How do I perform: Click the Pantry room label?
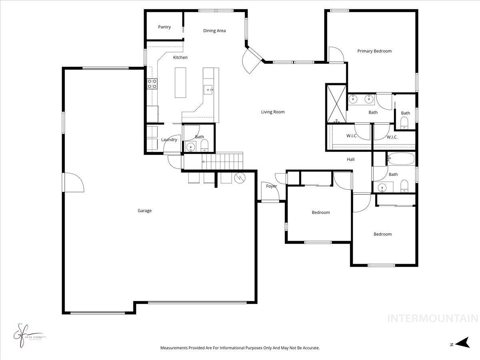pos(164,27)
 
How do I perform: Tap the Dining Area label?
pos(214,31)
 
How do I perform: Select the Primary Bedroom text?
pos(374,51)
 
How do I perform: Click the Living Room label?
pos(273,112)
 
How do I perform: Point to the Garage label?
pos(144,211)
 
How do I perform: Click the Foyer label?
pos(272,186)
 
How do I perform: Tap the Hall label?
pos(351,160)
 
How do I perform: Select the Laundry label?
pos(169,140)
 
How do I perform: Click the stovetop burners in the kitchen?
pos(152,84)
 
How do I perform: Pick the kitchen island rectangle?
pos(180,82)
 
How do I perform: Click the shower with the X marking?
pos(336,103)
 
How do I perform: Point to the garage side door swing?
pos(73,183)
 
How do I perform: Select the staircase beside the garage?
pos(222,162)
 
